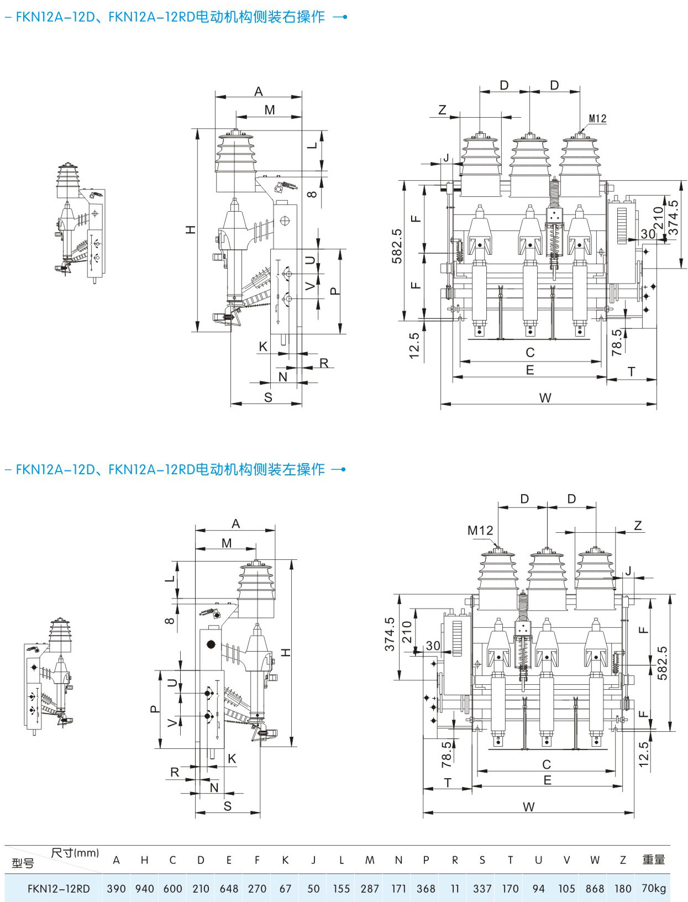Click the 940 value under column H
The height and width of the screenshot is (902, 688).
(145, 888)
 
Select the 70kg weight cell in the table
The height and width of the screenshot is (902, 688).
(654, 888)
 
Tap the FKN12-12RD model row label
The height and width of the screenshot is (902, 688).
(59, 888)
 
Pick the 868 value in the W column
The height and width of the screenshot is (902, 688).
(595, 888)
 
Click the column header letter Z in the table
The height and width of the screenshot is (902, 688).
(623, 859)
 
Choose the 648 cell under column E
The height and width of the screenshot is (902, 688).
(229, 888)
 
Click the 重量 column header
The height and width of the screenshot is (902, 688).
(654, 859)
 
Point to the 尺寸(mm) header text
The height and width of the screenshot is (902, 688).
(75, 852)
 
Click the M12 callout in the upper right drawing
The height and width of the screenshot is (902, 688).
(597, 119)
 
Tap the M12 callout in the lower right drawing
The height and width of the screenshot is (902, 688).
(480, 530)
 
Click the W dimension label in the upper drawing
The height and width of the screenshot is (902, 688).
(545, 397)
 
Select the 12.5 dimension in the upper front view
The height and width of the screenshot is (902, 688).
(414, 345)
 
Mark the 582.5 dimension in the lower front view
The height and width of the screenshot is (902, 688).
(662, 663)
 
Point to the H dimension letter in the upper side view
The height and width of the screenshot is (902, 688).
(191, 229)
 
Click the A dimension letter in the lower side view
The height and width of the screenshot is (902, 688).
(235, 523)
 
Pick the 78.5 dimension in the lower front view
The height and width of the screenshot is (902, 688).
(446, 755)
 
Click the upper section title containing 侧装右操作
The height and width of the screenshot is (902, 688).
(170, 17)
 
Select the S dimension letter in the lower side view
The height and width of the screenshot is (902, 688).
(228, 806)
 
